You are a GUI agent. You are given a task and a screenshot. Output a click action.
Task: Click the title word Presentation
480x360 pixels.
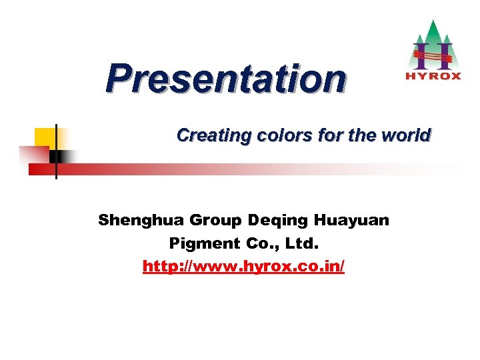226,79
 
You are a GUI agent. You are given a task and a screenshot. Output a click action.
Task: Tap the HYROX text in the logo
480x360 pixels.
433,75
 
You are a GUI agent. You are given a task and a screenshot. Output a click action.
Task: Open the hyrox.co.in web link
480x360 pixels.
244,267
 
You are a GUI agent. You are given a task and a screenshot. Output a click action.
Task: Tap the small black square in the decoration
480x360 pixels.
55,157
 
